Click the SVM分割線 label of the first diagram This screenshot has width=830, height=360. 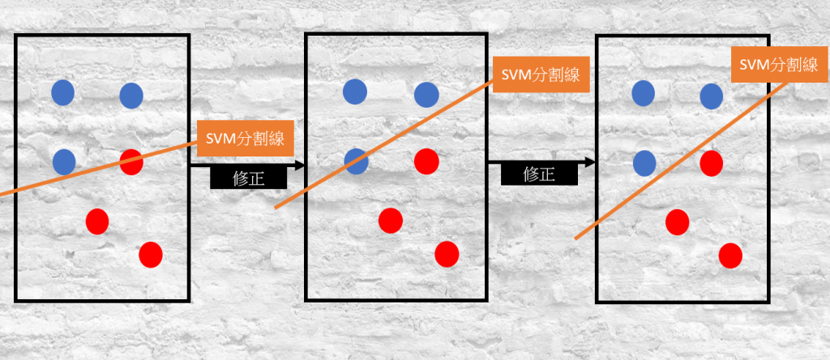[244, 139]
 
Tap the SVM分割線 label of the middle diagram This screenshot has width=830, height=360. [540, 75]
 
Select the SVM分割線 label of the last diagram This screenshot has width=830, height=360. [774, 63]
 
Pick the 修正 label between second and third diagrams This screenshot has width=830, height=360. [539, 174]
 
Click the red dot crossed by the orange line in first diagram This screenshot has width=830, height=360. [131, 162]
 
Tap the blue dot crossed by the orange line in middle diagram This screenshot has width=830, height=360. [356, 161]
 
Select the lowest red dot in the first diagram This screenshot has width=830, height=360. [151, 255]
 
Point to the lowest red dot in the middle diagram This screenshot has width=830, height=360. [447, 254]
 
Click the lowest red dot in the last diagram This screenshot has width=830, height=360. [730, 255]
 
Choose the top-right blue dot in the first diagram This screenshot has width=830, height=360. [131, 96]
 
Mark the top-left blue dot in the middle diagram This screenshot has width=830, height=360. [355, 92]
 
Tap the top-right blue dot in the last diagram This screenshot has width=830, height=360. [712, 96]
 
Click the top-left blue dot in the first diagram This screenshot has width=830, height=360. [63, 92]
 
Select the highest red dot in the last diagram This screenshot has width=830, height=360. [712, 164]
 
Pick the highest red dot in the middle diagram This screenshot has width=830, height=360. [426, 161]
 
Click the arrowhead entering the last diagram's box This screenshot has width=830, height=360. [591, 162]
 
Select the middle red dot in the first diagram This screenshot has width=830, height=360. [97, 221]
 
